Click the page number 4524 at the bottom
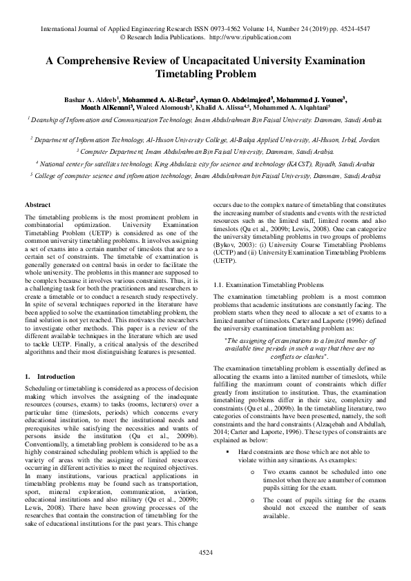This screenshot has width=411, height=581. point(205,553)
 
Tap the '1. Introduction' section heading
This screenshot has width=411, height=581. point(50,377)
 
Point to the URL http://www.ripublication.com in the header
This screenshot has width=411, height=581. point(249,38)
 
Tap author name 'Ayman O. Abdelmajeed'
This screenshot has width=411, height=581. point(237,99)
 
